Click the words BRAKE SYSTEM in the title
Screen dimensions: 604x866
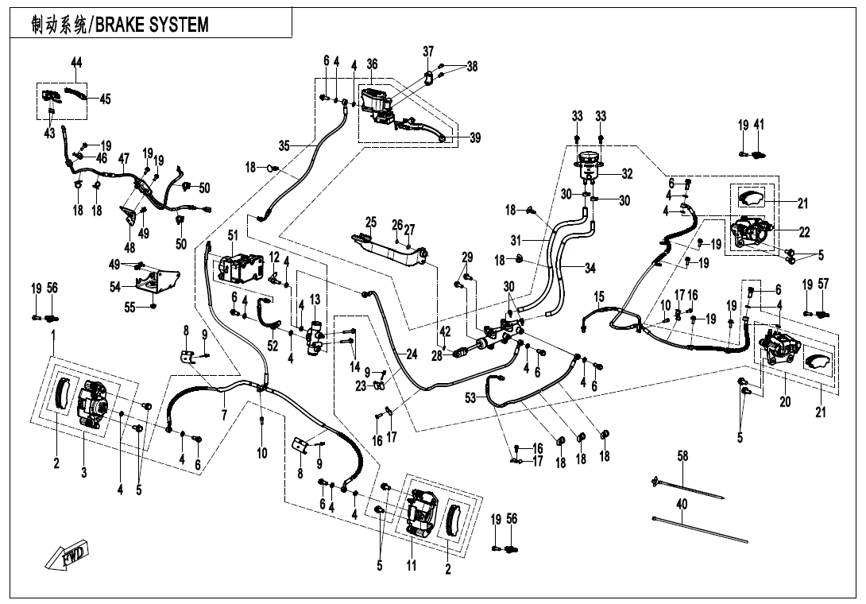152,25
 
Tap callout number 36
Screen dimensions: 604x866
372,64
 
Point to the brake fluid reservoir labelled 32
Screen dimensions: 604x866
589,168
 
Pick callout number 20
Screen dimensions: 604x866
785,402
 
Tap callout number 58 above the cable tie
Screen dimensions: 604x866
682,456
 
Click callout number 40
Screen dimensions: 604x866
682,504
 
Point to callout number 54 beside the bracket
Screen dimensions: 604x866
115,285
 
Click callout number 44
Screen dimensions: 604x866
76,63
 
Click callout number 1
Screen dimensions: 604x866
52,336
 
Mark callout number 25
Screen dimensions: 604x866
370,222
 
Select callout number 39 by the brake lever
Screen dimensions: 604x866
474,138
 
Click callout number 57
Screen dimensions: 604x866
823,284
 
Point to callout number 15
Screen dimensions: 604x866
599,296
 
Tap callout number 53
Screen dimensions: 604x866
471,397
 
